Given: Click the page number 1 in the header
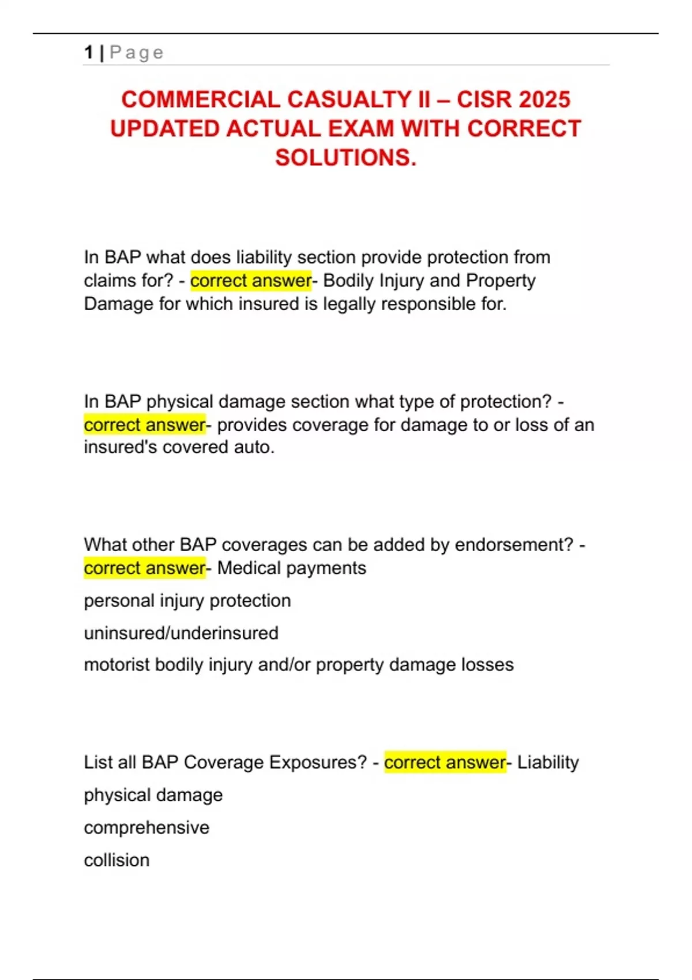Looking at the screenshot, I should [88, 52].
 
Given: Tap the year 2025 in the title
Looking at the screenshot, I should [541, 99].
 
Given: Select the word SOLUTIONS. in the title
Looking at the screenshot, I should [345, 157].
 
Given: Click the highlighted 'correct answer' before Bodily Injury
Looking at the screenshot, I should [250, 281].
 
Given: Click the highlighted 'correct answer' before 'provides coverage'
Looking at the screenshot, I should [144, 425].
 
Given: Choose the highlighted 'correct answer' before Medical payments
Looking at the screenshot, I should [144, 568].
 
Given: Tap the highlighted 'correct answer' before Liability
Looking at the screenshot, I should [445, 762].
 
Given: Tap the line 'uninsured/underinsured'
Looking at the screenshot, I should [181, 633].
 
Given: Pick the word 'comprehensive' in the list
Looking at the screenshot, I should [146, 827].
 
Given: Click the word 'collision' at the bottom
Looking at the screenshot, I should [116, 860].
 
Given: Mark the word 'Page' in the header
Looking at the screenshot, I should [137, 53].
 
